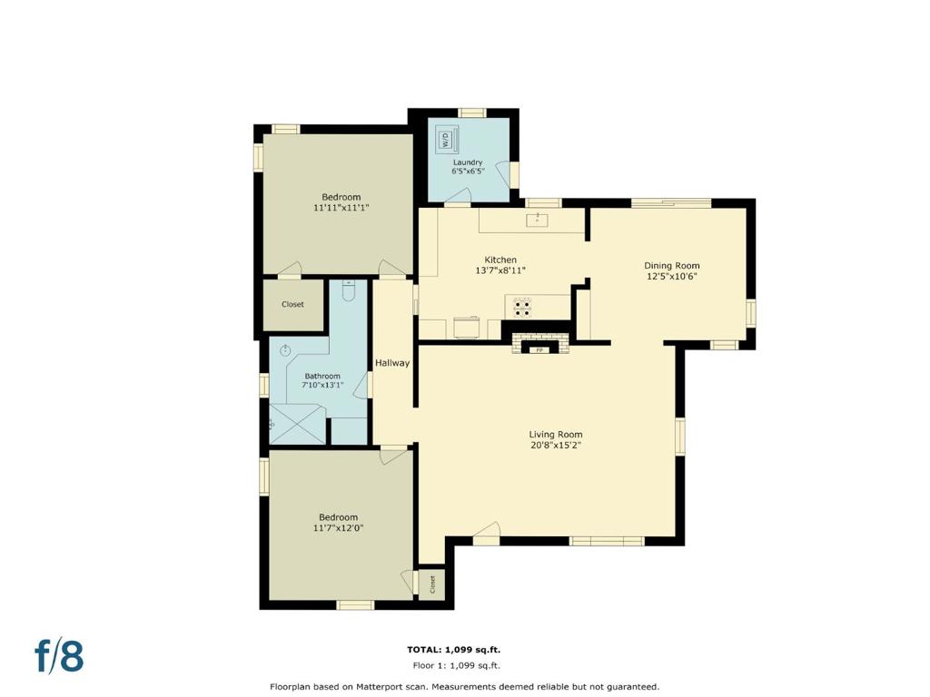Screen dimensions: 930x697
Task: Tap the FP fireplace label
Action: coord(539,350)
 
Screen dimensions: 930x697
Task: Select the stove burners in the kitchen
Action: coord(522,308)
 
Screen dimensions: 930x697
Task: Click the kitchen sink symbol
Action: coord(538,220)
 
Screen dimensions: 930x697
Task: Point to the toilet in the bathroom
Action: coord(349,290)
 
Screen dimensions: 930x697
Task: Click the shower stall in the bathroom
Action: coord(297,423)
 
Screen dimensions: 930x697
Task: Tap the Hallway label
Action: coord(392,363)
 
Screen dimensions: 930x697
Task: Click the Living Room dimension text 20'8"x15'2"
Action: coord(556,445)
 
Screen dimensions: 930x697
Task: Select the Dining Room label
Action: coord(672,266)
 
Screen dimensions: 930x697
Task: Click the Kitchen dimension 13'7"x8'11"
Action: coord(500,270)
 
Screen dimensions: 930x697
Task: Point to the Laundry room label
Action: coord(468,162)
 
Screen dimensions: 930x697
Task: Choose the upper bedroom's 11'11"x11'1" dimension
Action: coord(341,208)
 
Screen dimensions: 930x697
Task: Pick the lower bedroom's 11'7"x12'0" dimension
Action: coord(339,527)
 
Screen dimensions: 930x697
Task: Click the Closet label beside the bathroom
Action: coord(292,304)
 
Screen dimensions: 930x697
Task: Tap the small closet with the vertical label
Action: coord(431,584)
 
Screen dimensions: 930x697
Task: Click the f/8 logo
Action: coord(59,655)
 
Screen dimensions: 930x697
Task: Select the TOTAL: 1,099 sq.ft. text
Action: coord(457,650)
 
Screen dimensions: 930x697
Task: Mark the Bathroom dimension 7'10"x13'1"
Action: coord(322,385)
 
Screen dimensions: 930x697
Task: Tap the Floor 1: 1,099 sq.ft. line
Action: coord(457,665)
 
